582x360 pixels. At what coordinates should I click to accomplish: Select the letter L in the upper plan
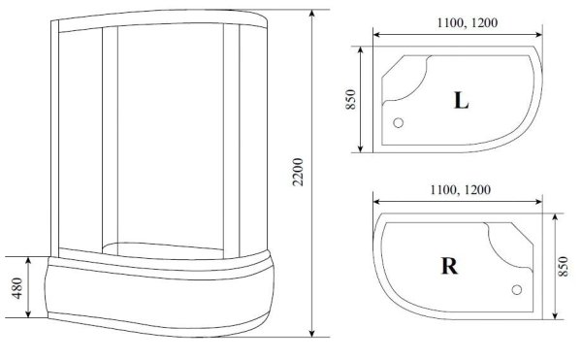pyautogui.click(x=462, y=101)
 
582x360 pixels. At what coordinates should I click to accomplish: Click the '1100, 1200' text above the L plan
pyautogui.click(x=455, y=23)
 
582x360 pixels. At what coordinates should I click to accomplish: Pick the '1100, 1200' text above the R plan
pyautogui.click(x=455, y=191)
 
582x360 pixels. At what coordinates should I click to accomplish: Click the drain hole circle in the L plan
pyautogui.click(x=398, y=122)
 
